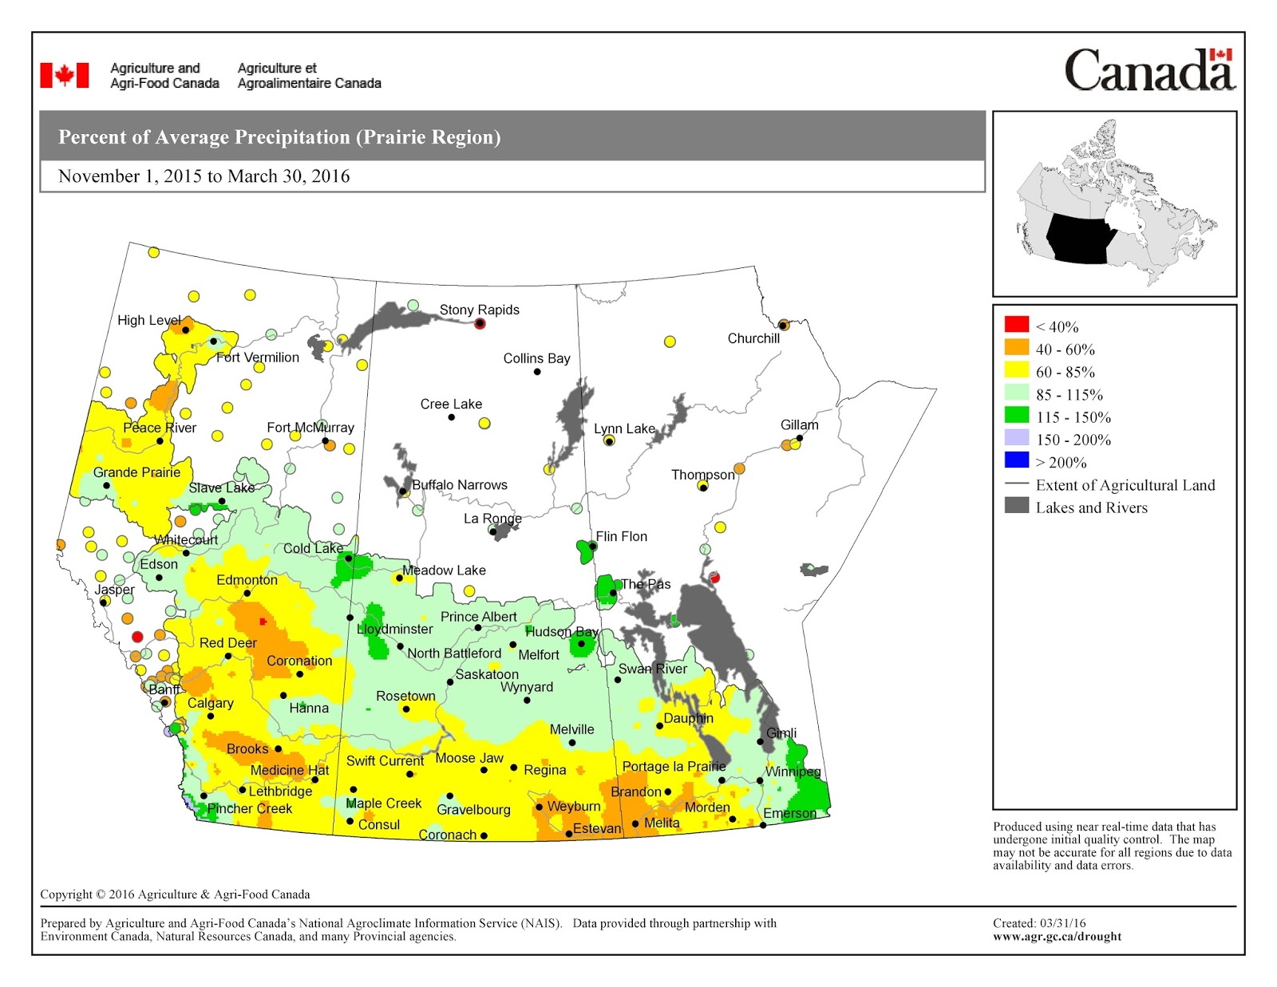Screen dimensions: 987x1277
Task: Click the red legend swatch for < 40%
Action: [1016, 324]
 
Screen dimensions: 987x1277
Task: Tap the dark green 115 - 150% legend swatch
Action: [1016, 415]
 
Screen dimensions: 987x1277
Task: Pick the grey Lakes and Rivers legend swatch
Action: [1016, 505]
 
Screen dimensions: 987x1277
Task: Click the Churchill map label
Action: [753, 338]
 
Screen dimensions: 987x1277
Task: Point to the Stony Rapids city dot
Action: [480, 323]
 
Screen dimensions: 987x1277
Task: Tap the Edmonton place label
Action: [247, 580]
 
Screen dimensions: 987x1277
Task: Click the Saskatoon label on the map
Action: [486, 674]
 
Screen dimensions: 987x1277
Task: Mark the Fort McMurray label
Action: [310, 428]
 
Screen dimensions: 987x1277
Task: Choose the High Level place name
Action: [149, 320]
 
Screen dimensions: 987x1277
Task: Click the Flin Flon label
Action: [621, 536]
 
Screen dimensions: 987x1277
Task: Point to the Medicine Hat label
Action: [289, 770]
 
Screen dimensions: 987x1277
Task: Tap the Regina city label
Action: [544, 770]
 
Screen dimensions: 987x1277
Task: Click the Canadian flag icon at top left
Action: [65, 75]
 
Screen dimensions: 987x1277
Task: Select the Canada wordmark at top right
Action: [1149, 70]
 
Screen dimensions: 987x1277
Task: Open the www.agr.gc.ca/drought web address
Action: [1057, 936]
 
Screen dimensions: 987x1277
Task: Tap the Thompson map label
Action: [702, 475]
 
